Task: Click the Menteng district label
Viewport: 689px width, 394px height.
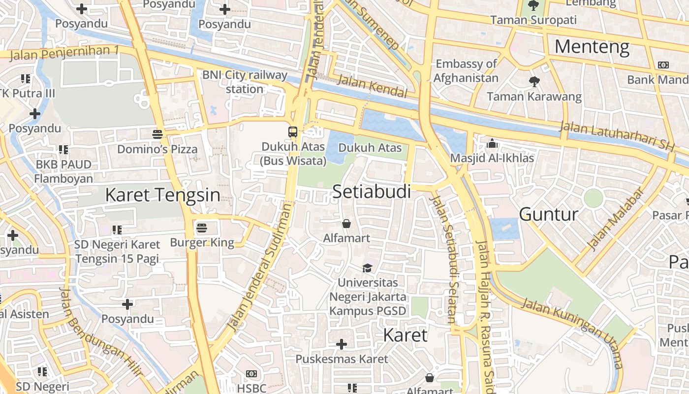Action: click(x=592, y=47)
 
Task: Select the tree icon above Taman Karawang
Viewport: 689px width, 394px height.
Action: click(x=534, y=81)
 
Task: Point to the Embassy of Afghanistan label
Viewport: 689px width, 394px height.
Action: click(x=466, y=70)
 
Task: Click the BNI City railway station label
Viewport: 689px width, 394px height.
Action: click(x=245, y=82)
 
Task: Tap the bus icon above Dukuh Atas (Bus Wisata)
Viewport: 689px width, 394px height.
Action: click(x=293, y=132)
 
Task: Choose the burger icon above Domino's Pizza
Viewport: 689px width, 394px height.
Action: click(x=157, y=134)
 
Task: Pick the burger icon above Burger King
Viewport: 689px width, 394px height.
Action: click(x=201, y=228)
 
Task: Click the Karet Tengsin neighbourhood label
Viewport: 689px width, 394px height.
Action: click(x=162, y=195)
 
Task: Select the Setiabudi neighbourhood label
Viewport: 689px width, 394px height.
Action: click(x=372, y=192)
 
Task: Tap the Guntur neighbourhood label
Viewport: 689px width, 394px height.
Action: click(x=549, y=214)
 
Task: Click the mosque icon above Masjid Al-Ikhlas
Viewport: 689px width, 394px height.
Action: click(x=492, y=144)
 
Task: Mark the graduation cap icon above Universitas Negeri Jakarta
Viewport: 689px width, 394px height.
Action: click(x=367, y=268)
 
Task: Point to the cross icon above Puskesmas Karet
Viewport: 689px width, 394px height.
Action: click(x=342, y=344)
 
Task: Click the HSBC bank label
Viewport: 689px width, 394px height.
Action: click(x=251, y=388)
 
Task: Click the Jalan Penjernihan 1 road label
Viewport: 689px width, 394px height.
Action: click(x=64, y=52)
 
